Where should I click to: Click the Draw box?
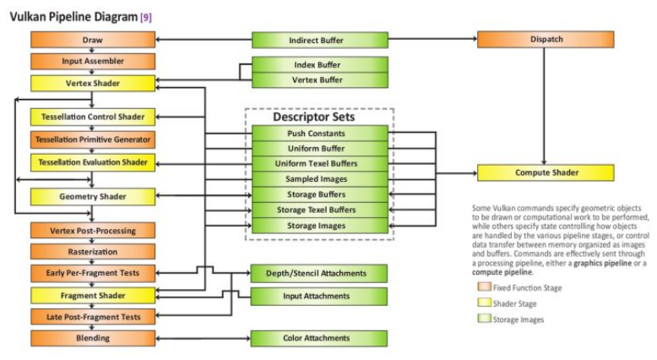93,40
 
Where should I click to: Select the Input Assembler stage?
93,62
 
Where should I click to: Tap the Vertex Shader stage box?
93,84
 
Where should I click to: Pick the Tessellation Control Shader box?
93,117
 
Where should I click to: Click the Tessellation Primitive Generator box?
93,139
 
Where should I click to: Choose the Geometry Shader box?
93,197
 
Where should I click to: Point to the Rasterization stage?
93,252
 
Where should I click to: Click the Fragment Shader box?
93,296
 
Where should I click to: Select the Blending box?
93,338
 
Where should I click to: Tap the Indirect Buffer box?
319,40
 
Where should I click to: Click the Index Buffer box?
319,65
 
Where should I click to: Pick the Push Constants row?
319,134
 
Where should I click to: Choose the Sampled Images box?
319,179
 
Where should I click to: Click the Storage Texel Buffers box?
319,210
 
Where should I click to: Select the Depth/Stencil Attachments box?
319,274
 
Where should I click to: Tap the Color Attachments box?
319,338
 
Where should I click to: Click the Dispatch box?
545,40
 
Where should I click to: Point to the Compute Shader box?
545,173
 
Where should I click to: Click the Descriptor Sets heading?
319,117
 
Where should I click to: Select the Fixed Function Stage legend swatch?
484,288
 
